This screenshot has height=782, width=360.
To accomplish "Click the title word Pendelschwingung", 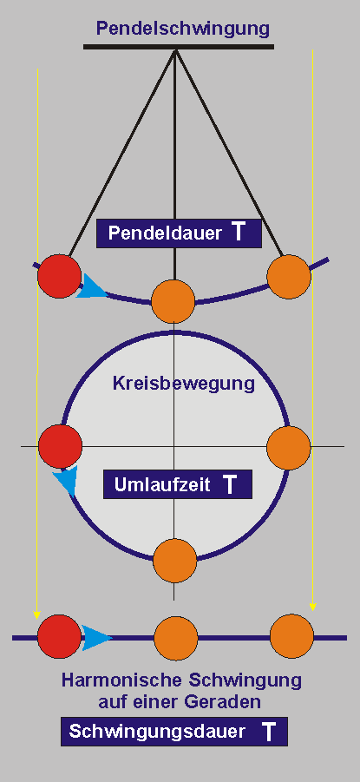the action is click(x=182, y=29).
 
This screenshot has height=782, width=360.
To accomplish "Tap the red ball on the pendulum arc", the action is click(x=59, y=276).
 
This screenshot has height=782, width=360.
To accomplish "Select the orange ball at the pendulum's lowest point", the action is click(x=173, y=301).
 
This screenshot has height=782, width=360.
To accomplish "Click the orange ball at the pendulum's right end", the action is click(x=289, y=277).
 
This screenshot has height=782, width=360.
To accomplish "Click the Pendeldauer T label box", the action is click(x=179, y=233).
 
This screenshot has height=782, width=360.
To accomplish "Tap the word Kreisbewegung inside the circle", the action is click(x=184, y=384).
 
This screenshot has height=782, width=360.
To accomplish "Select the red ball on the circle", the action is click(x=61, y=446).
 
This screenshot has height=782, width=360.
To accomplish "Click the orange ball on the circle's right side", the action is click(x=289, y=447).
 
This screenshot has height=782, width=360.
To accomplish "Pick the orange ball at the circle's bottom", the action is click(x=175, y=561).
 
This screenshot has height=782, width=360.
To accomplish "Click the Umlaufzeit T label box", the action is click(x=178, y=484).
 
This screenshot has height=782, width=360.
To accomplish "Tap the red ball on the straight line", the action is click(x=59, y=636).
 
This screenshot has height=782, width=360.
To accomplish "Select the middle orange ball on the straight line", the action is click(x=176, y=638).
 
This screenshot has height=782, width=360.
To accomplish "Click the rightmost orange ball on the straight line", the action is click(x=292, y=636).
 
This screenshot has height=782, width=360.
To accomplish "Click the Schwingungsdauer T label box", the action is click(x=174, y=732).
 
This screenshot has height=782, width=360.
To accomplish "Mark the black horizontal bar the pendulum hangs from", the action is click(x=179, y=47).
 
